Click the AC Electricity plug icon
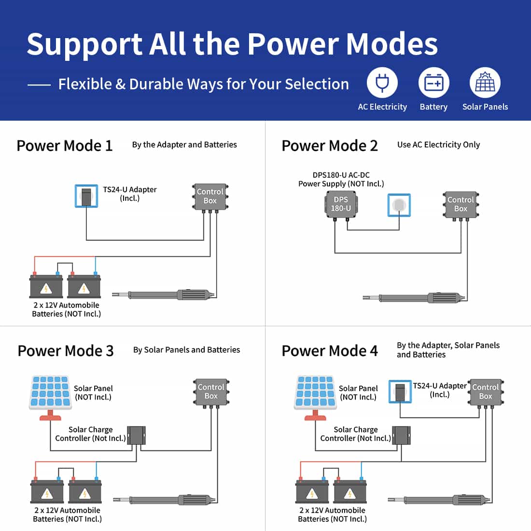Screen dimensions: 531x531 (382, 83)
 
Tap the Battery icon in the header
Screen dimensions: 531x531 (433, 83)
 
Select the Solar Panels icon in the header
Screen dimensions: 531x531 (485, 83)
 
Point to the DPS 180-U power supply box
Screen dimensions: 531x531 (341, 205)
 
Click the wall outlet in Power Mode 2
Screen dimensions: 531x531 (399, 205)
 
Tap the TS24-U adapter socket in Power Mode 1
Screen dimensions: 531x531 (86, 196)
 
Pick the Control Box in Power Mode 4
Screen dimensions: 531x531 (486, 392)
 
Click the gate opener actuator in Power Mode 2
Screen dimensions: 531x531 (415, 298)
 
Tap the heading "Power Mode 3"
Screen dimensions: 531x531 (66, 351)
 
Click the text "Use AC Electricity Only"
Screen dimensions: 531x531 (438, 145)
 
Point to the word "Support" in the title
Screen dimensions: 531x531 (84, 45)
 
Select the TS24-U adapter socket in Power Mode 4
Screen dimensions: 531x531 (400, 391)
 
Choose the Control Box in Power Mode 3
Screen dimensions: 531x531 (211, 392)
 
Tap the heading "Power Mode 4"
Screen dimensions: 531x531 (330, 351)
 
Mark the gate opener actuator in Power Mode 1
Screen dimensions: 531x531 (164, 295)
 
